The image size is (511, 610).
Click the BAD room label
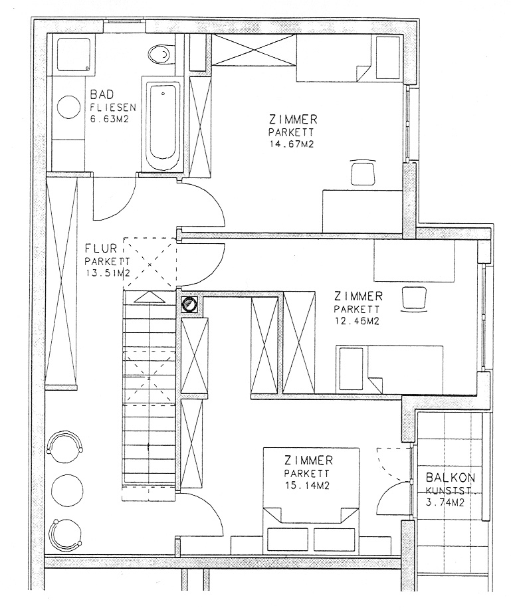pos(102,94)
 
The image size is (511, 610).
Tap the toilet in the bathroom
pos(159,55)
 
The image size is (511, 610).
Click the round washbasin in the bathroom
pos(68,107)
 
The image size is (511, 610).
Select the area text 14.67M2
pos(292,144)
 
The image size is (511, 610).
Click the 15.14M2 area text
pos(308,486)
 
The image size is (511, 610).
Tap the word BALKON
pos(451,477)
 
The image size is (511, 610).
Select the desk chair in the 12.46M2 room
pos(413,299)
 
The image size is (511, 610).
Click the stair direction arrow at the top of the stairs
pos(149,297)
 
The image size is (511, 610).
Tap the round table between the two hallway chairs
pos(67,491)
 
